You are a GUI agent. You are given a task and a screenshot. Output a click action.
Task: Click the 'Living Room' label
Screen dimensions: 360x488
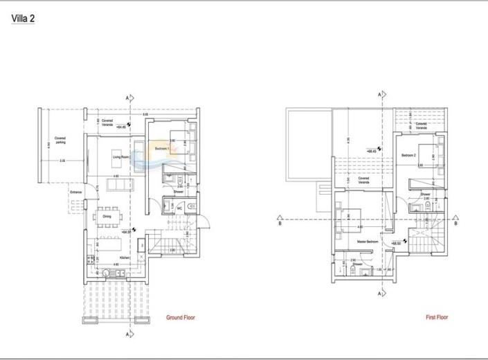click(x=122, y=157)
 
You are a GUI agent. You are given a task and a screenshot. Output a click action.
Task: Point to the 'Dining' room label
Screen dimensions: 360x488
click(x=107, y=216)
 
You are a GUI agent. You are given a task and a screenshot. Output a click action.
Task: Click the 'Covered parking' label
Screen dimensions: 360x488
click(x=60, y=140)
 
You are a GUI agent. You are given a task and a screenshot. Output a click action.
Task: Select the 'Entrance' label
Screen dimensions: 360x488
click(x=75, y=192)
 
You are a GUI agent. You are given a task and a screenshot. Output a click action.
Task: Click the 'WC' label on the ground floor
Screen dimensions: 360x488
click(x=179, y=207)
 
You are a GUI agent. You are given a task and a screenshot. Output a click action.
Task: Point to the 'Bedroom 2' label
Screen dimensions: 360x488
click(x=408, y=155)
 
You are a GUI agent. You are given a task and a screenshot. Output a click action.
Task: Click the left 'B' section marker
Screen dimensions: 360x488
click(x=279, y=224)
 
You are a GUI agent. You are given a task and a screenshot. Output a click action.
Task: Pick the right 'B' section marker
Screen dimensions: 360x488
click(x=455, y=224)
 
